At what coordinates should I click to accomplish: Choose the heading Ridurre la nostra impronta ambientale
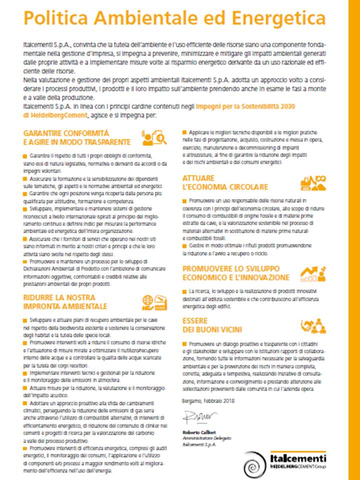(65, 301)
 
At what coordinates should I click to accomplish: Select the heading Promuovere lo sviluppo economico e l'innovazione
(235, 273)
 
